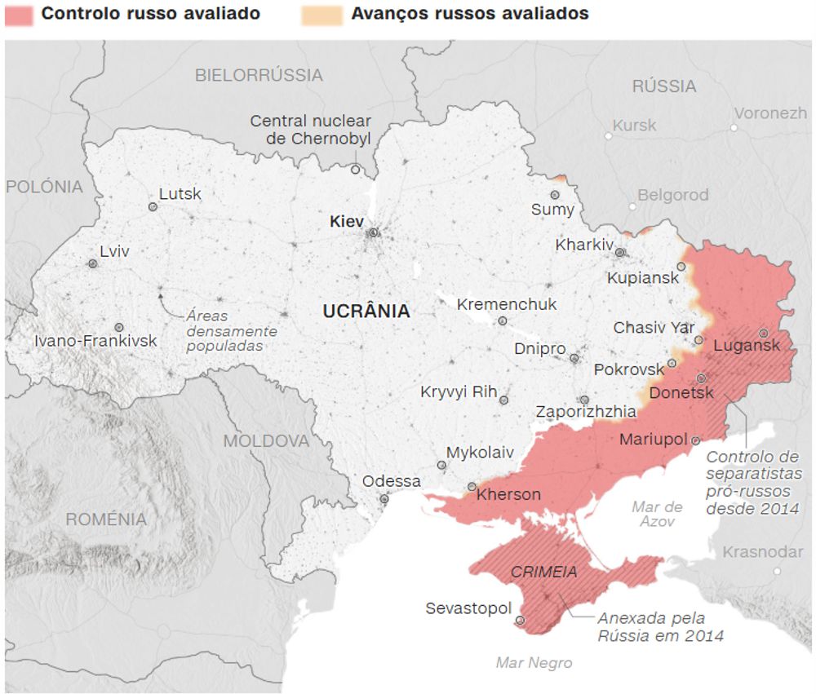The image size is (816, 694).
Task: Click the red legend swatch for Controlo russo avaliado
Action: [x=19, y=15]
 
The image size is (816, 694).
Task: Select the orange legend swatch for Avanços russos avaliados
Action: [x=317, y=15]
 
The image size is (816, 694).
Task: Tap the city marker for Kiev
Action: [x=374, y=232]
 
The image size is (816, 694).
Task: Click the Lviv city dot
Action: [x=93, y=263]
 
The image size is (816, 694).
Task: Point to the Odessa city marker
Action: [x=384, y=499]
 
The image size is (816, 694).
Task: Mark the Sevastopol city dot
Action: [x=521, y=621]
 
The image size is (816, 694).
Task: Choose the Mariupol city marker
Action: [x=695, y=440]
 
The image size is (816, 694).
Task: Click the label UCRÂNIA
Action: [x=366, y=311]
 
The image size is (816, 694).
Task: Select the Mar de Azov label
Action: [x=657, y=514]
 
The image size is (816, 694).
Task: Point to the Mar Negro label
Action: [x=534, y=663]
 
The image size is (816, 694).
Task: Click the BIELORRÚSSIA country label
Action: [x=259, y=75]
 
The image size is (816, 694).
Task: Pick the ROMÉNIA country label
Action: [x=106, y=519]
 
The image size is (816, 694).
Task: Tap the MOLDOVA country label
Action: [x=267, y=441]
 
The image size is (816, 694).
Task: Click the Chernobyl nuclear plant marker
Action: [x=355, y=170]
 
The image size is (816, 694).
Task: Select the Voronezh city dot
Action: [x=734, y=127]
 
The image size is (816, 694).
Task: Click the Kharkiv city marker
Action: [x=620, y=253]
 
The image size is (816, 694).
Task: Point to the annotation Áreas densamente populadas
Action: [x=232, y=330]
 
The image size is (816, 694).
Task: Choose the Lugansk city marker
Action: [x=763, y=333]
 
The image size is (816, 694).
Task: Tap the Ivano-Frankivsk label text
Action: [x=95, y=341]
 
